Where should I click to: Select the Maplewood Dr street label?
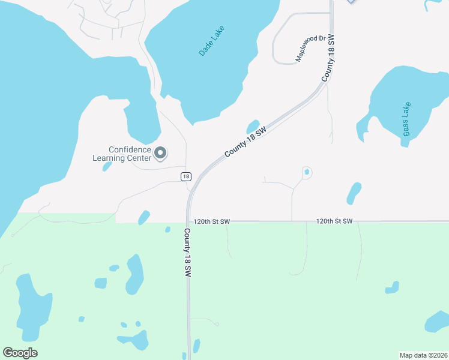(x=310, y=49)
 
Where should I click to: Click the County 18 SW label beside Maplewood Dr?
(x=328, y=58)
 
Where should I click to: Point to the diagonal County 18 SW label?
(x=245, y=142)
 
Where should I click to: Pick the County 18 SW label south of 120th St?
(x=187, y=253)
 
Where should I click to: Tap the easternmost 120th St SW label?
(x=334, y=221)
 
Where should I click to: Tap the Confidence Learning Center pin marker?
(x=160, y=154)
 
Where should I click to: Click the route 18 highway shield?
(x=186, y=176)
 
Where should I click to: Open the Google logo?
(x=20, y=353)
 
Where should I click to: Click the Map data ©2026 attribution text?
(x=423, y=355)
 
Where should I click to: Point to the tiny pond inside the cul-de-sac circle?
(x=307, y=172)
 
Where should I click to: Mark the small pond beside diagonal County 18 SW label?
(x=253, y=126)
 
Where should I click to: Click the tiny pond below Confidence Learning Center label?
(x=107, y=166)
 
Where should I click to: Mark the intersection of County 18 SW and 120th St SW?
(x=188, y=221)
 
